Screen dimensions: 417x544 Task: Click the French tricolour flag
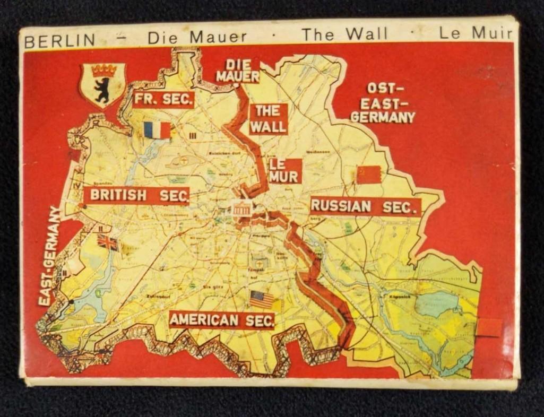pyautogui.click(x=157, y=130)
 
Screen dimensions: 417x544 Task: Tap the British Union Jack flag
pyautogui.click(x=107, y=242)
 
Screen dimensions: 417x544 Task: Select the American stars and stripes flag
pyautogui.click(x=262, y=299)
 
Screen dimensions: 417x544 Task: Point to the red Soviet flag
pyautogui.click(x=368, y=175)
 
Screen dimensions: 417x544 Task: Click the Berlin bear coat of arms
pyautogui.click(x=102, y=85)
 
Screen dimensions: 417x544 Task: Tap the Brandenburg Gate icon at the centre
pyautogui.click(x=241, y=209)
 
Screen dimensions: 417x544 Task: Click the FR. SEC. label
pyautogui.click(x=163, y=99)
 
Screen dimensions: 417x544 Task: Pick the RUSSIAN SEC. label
pyautogui.click(x=365, y=206)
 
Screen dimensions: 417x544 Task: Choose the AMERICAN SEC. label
pyautogui.click(x=222, y=320)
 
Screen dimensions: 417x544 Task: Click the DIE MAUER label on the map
pyautogui.click(x=238, y=71)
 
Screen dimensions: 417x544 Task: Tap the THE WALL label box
pyautogui.click(x=269, y=119)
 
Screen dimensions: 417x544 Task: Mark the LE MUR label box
pyautogui.click(x=285, y=171)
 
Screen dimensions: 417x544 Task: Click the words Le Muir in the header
pyautogui.click(x=476, y=34)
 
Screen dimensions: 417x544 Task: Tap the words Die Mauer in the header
pyautogui.click(x=197, y=37)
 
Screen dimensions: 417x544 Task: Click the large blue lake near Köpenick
pyautogui.click(x=436, y=304)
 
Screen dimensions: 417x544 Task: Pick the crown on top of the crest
pyautogui.click(x=103, y=71)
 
